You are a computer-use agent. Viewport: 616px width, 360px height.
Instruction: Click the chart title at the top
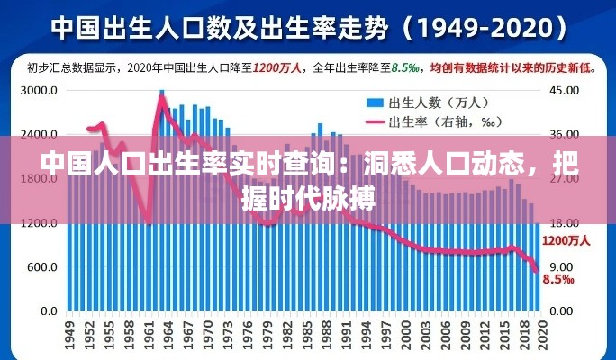click(x=308, y=27)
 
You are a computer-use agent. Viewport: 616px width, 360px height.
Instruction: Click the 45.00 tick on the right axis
click(x=565, y=91)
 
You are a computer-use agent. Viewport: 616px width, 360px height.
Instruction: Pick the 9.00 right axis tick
click(x=562, y=267)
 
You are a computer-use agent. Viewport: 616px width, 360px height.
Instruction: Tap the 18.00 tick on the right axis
click(x=565, y=223)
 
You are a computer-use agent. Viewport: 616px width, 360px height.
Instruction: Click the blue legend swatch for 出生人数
click(x=374, y=103)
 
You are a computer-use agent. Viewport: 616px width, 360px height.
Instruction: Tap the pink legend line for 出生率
click(x=374, y=121)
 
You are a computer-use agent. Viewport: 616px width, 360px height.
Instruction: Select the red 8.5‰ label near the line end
click(x=559, y=279)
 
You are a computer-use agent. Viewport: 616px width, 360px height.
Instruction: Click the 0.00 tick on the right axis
click(x=562, y=311)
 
